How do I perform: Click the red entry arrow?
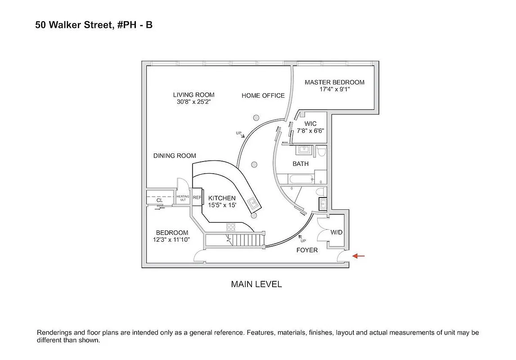click(359, 256)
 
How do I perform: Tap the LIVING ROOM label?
click(194, 95)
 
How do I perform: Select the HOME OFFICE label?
click(263, 95)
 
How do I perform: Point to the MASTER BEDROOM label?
click(334, 82)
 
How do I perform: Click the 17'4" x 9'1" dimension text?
click(334, 90)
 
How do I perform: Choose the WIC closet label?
click(310, 124)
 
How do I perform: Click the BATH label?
click(301, 164)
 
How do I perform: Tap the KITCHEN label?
click(222, 198)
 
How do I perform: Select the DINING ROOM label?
click(175, 156)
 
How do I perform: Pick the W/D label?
click(337, 233)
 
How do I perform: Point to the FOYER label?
click(307, 250)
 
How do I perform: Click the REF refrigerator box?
click(197, 198)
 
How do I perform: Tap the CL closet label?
click(159, 200)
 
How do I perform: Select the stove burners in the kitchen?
click(231, 226)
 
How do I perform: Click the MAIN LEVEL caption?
click(256, 284)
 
